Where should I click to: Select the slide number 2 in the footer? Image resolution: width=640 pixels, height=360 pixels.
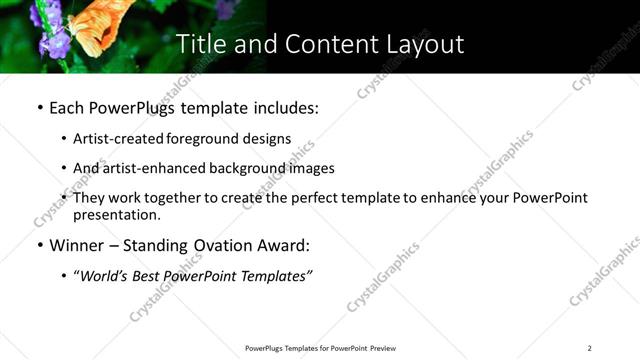(589, 348)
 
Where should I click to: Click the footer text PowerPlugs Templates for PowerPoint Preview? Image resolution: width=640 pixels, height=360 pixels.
(320, 348)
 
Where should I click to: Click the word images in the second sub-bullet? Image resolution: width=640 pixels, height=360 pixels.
(312, 168)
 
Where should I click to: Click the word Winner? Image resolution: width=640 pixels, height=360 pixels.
(76, 245)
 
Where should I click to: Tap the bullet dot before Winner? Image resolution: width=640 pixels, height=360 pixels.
(39, 245)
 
